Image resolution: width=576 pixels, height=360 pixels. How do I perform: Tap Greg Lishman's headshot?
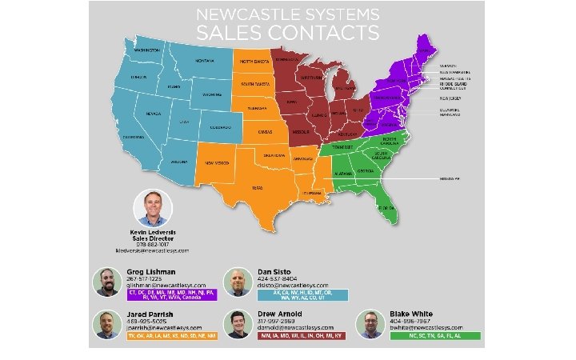[x=106, y=282]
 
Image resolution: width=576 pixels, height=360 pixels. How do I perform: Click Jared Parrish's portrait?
[x=106, y=324]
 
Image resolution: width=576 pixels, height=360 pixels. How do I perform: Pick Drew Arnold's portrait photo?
[x=238, y=324]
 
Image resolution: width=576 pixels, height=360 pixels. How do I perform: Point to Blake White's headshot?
[x=369, y=324]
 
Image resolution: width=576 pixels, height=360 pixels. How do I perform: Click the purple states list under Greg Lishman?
[x=170, y=295]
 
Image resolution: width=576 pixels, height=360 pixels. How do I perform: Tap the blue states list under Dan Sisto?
[x=302, y=295]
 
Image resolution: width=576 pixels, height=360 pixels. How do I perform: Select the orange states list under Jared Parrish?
[x=170, y=337]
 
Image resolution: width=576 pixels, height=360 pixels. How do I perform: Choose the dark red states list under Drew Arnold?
[x=302, y=337]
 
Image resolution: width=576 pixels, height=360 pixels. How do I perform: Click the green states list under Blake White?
[x=435, y=337]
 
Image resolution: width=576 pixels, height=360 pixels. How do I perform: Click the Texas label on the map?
[x=258, y=188]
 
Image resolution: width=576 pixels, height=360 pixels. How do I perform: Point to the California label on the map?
[x=133, y=137]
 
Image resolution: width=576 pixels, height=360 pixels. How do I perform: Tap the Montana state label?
[x=204, y=61]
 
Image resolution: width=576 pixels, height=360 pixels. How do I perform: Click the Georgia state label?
[x=366, y=170]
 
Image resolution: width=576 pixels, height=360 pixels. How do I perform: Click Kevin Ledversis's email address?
[x=153, y=250]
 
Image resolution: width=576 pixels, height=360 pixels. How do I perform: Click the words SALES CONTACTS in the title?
[x=287, y=33]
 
